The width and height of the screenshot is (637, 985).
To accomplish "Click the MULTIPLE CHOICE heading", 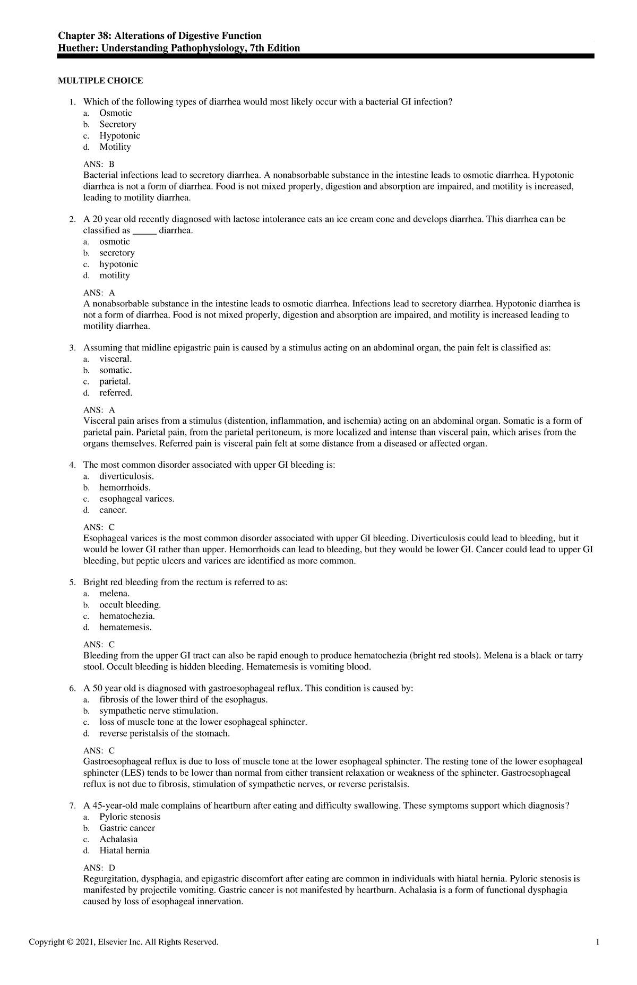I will click(100, 81).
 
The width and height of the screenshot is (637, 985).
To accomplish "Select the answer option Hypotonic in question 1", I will click(119, 135).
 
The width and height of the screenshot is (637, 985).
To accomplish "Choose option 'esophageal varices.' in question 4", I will click(136, 499).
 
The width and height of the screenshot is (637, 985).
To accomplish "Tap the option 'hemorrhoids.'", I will click(125, 487).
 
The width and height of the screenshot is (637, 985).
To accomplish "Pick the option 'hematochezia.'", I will click(127, 616).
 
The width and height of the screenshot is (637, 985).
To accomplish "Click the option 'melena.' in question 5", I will click(114, 593).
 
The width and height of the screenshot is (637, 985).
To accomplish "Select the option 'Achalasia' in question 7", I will click(118, 839).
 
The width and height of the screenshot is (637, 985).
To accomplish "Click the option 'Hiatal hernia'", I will click(124, 850).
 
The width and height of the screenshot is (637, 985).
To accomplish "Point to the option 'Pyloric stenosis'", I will click(130, 817).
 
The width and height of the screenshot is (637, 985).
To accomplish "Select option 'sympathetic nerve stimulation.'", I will click(159, 710).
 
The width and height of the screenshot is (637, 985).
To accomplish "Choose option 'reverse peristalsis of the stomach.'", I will click(165, 733).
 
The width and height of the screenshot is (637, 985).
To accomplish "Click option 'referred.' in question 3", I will click(116, 393).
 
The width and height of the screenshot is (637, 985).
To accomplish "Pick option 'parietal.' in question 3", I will click(115, 381).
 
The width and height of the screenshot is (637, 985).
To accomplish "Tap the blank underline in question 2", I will click(144, 231).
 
